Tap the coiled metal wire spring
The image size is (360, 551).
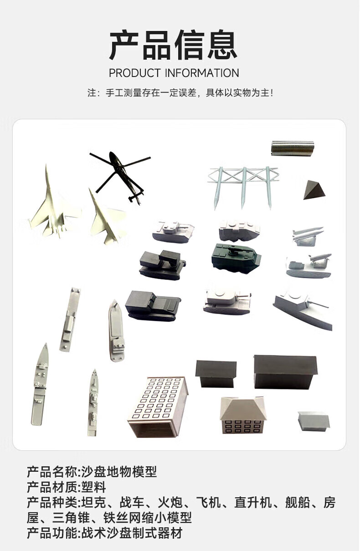pyautogui.click(x=293, y=148)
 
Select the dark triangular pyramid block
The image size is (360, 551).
pyautogui.click(x=314, y=190)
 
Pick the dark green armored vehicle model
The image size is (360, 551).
pyautogui.click(x=237, y=257)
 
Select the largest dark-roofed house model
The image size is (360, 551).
pyautogui.click(x=286, y=372)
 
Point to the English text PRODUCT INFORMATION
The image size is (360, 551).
pyautogui.click(x=174, y=73)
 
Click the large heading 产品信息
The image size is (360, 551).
pyautogui.click(x=173, y=45)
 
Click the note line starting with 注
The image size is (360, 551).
pyautogui.click(x=180, y=93)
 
